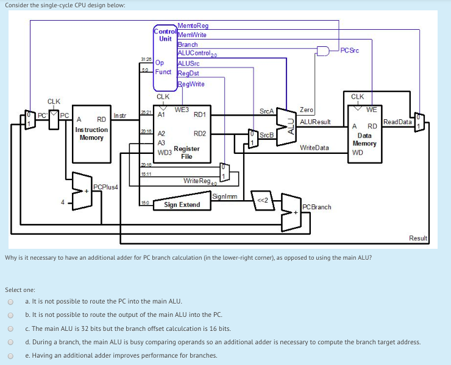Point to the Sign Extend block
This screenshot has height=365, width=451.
[182, 205]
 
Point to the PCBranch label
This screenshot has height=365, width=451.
[316, 207]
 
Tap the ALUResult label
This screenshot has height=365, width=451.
[315, 122]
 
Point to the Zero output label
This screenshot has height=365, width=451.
[306, 110]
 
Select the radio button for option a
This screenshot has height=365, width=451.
[10, 301]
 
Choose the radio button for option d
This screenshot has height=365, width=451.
[10, 342]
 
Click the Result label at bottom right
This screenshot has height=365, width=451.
[418, 238]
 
